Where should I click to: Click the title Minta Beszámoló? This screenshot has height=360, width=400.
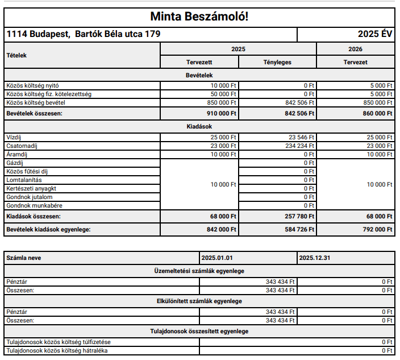199,16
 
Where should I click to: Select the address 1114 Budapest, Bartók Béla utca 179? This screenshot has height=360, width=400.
84,34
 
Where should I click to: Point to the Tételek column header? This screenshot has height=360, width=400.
16,56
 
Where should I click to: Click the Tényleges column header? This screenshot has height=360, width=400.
277,62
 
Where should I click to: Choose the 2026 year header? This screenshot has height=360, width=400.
355,49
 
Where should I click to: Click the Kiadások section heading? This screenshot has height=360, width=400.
199,126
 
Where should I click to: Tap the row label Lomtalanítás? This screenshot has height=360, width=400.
24,180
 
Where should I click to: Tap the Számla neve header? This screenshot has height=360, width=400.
23,258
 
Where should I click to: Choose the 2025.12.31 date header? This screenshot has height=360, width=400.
314,258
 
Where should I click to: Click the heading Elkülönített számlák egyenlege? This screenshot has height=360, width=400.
199,301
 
